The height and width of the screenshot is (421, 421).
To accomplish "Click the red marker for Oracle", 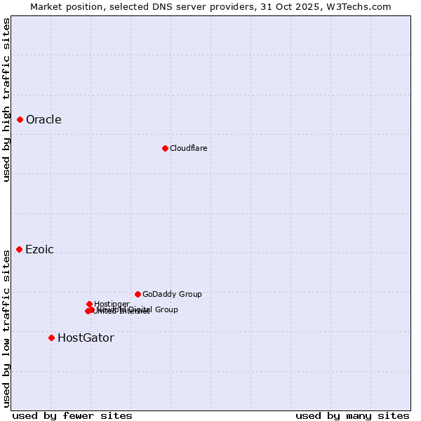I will [x=20, y=120].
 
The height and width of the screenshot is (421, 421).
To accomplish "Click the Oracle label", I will [x=44, y=120].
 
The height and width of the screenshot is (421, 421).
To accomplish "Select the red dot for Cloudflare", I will [x=165, y=148].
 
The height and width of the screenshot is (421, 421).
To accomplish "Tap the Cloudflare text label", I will [x=188, y=148].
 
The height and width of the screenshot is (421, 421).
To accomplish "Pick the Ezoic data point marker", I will [x=19, y=250].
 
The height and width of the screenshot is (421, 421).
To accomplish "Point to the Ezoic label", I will [x=39, y=250].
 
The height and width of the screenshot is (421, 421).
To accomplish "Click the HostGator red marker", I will [x=51, y=338].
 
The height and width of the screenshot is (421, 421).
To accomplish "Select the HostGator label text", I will [x=86, y=338].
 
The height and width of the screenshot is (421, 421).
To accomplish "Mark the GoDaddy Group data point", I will [x=138, y=295].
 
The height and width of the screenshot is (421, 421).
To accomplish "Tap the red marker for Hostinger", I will [x=89, y=304].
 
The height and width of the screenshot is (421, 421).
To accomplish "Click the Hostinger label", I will [x=112, y=304].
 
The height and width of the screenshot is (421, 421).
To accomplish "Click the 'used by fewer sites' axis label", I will [x=72, y=415].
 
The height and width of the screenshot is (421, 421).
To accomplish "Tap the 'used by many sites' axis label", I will [x=352, y=415].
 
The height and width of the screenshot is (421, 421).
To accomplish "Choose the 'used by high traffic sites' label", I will [x=6, y=100].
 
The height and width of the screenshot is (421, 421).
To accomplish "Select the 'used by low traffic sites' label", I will [x=6, y=328].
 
